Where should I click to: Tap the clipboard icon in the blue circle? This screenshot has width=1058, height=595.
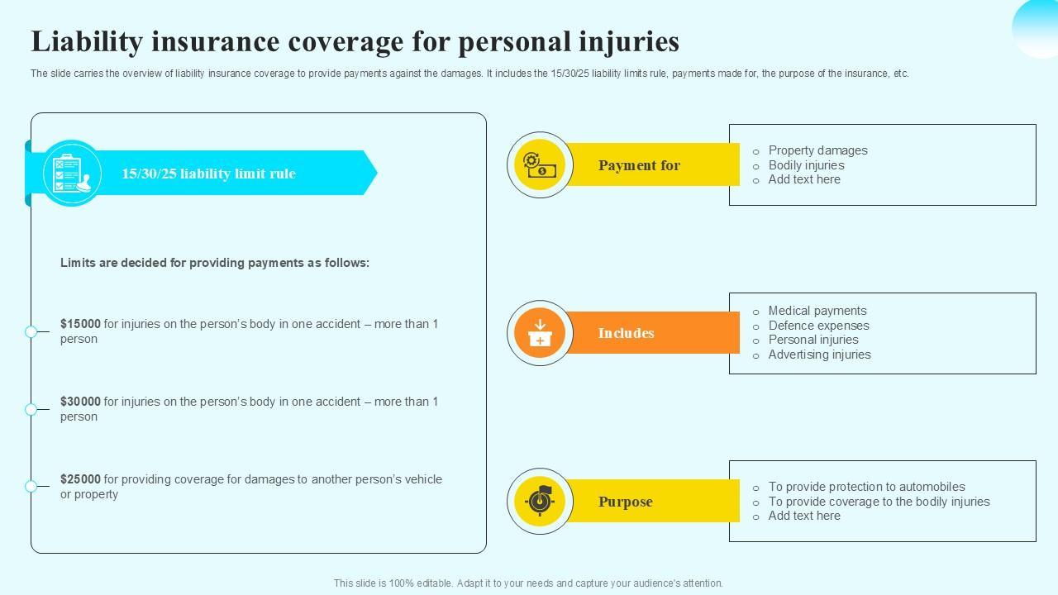tap(71, 174)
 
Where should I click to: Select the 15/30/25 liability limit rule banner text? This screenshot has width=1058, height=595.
tap(208, 174)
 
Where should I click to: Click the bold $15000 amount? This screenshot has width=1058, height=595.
tap(80, 324)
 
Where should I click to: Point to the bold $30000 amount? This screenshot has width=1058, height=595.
tap(80, 402)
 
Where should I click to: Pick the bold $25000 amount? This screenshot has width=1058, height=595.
tap(80, 479)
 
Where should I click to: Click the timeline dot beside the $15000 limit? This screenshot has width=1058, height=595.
tap(31, 331)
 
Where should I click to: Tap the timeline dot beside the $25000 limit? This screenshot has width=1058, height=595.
tap(31, 486)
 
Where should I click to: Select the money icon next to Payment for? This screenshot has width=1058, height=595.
tap(540, 165)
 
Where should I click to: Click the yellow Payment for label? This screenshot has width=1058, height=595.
tap(639, 165)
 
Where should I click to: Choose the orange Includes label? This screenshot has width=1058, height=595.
tap(626, 333)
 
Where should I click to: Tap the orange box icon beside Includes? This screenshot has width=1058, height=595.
tap(540, 333)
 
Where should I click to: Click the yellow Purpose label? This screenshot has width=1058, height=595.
tap(625, 502)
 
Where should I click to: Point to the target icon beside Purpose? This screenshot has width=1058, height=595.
tap(540, 502)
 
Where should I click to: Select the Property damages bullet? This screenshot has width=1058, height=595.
tap(817, 150)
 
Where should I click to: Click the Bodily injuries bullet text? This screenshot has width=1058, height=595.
tap(806, 165)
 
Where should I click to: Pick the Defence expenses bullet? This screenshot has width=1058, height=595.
tap(818, 326)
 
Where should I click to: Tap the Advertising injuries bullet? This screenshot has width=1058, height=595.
tap(819, 355)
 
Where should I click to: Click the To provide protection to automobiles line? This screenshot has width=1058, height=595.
tap(866, 487)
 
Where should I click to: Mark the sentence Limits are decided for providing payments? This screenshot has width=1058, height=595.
tap(215, 263)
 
